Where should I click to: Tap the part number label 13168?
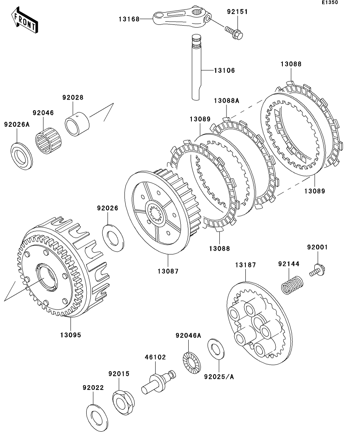click(x=129, y=18)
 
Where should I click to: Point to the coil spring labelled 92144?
click(x=293, y=284)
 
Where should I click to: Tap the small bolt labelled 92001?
click(x=318, y=271)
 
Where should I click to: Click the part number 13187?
click(x=245, y=265)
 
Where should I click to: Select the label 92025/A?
click(x=219, y=377)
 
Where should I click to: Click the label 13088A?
click(x=226, y=100)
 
